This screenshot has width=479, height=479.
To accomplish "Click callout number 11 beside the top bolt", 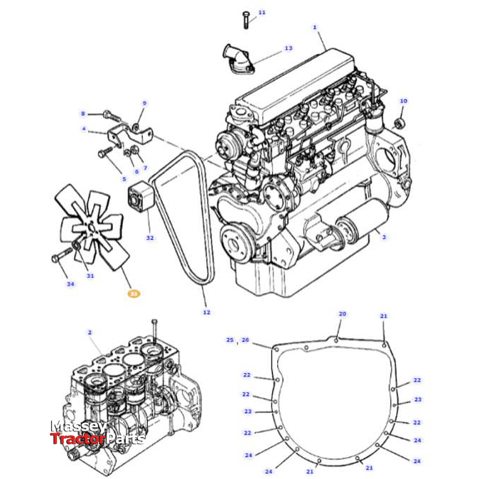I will (x=262, y=13).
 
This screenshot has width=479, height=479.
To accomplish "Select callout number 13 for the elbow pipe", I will (x=288, y=48).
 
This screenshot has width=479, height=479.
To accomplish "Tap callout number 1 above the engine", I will (x=314, y=27).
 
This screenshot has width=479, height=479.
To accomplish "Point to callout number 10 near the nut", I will (x=403, y=101).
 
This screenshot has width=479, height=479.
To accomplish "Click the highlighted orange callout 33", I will (x=133, y=292).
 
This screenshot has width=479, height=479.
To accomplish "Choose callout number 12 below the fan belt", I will (x=206, y=311).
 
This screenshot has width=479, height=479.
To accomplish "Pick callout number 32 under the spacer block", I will (x=149, y=237).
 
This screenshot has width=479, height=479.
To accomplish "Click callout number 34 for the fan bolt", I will (x=70, y=284).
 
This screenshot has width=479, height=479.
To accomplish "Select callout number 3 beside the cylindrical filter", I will (x=384, y=237).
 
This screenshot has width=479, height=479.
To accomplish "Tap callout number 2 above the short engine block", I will (x=90, y=332).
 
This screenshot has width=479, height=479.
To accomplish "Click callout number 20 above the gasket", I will (x=342, y=313).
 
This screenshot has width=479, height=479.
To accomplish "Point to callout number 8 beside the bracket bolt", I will (x=82, y=114).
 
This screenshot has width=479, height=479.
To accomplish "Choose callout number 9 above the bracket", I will (x=144, y=103).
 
